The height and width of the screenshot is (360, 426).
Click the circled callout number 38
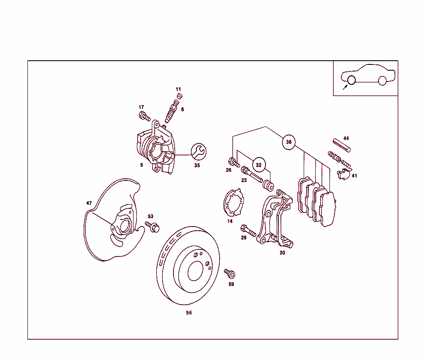tap(289, 142)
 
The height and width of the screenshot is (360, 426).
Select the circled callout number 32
tap(259, 165)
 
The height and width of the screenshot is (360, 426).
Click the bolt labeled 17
tap(144, 116)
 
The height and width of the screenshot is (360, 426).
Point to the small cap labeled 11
tap(179, 96)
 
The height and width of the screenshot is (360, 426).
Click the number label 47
tap(89, 203)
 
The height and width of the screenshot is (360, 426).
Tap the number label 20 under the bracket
tap(282, 253)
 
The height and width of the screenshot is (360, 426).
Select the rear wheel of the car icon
tap(382, 81)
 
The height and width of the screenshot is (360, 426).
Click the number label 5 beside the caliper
tap(141, 165)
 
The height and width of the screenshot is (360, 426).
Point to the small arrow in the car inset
tap(344, 87)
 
